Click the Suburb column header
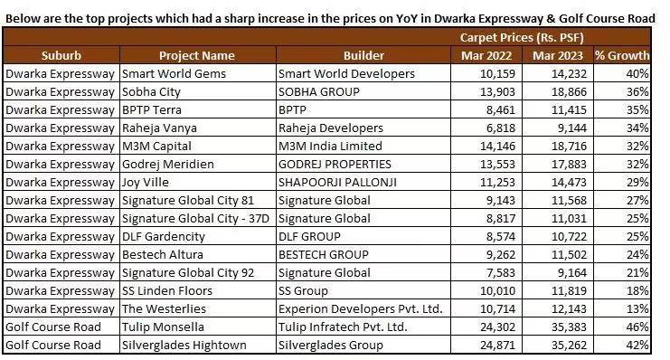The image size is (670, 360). (61, 56)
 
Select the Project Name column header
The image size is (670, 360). (196, 56)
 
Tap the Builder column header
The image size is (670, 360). (363, 56)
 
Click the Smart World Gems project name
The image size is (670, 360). (174, 73)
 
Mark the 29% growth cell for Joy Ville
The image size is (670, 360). (637, 182)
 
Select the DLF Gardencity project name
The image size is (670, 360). (164, 236)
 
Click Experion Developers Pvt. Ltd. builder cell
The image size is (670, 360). (361, 308)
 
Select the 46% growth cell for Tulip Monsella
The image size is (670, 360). (637, 327)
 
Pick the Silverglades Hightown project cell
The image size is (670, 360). (184, 345)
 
